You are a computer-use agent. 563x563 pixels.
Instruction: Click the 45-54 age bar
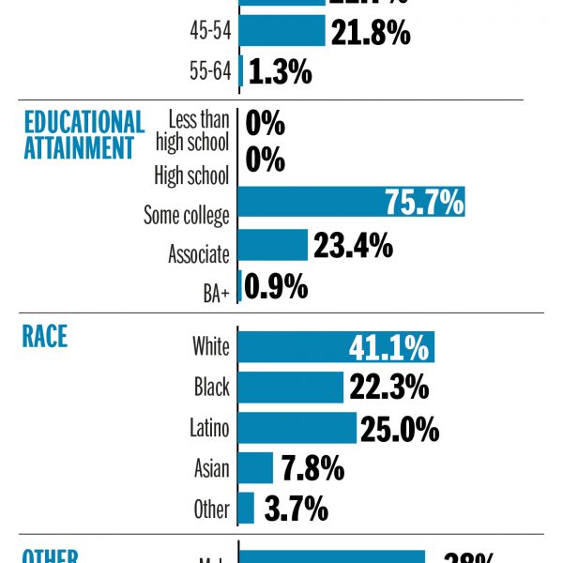[281, 31]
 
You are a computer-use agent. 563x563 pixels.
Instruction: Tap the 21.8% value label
[370, 33]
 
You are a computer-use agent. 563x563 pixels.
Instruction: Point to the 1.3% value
[280, 72]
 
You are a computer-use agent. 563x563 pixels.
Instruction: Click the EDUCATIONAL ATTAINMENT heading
[84, 135]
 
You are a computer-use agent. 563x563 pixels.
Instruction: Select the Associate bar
[273, 246]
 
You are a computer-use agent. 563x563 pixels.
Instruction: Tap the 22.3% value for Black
[388, 387]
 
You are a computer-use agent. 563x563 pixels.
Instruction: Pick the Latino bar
[297, 428]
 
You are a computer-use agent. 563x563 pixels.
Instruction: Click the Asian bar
[255, 467]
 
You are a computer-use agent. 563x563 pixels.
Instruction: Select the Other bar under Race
[247, 509]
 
